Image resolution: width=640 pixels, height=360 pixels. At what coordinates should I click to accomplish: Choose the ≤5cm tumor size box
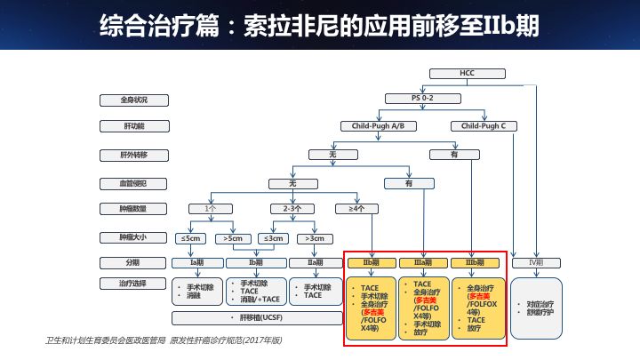(193, 237)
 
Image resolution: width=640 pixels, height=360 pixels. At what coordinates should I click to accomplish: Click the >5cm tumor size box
(234, 237)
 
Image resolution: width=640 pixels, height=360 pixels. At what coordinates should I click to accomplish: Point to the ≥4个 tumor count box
(356, 209)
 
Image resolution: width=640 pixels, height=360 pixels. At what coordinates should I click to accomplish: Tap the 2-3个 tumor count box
(292, 209)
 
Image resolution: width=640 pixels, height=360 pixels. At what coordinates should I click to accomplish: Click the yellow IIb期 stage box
(372, 263)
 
